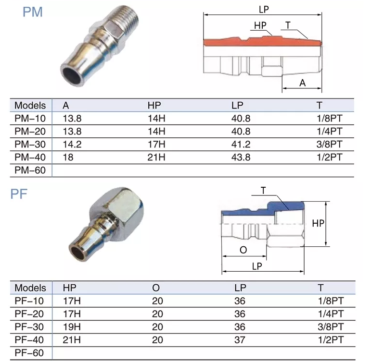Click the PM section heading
pos(33,12)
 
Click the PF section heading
pos(19,194)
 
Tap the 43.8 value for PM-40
pos(241,157)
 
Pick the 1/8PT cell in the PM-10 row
pos(329,118)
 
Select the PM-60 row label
pos(30,170)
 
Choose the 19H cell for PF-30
pos(72,327)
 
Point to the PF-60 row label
pos(30,353)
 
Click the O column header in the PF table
pos(155,288)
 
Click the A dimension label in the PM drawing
pos(302,83)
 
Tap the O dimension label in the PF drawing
pos(243,250)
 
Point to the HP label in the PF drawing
pos(318,223)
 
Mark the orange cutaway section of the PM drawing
pos(262,42)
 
